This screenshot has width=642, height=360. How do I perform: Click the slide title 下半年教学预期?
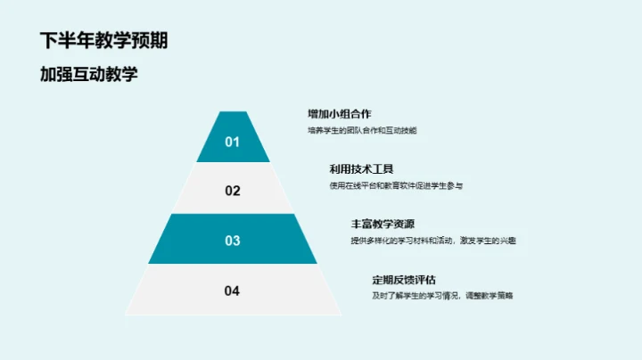pyautogui.click(x=104, y=41)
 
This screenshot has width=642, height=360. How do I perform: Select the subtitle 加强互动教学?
pyautogui.click(x=89, y=74)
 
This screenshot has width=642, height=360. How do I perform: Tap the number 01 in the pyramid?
pyautogui.click(x=233, y=141)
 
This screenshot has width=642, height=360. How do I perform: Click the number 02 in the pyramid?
pyautogui.click(x=233, y=190)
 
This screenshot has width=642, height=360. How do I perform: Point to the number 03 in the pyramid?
pyautogui.click(x=233, y=240)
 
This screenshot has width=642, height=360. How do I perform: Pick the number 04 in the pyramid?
pyautogui.click(x=233, y=290)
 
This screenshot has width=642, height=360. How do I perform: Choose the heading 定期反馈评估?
pyautogui.click(x=404, y=279)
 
